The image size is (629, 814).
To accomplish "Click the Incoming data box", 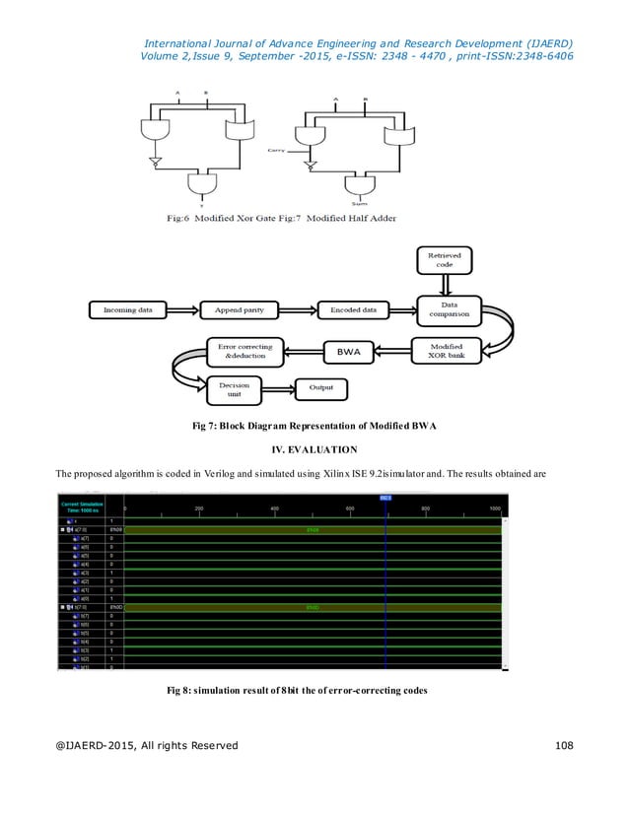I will pyautogui.click(x=128, y=310).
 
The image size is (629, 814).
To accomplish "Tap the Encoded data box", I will pyautogui.click(x=353, y=310).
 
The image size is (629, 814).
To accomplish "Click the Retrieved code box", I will pyautogui.click(x=444, y=260).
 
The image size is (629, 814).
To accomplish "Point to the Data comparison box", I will pyautogui.click(x=448, y=310).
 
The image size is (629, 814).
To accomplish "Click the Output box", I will pyautogui.click(x=321, y=388).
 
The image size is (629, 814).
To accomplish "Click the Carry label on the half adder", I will pyautogui.click(x=277, y=151).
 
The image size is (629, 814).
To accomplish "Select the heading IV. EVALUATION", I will pyautogui.click(x=314, y=449).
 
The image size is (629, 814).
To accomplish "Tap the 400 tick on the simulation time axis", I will pyautogui.click(x=273, y=509).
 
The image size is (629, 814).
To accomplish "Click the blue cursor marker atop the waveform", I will pyautogui.click(x=385, y=498).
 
